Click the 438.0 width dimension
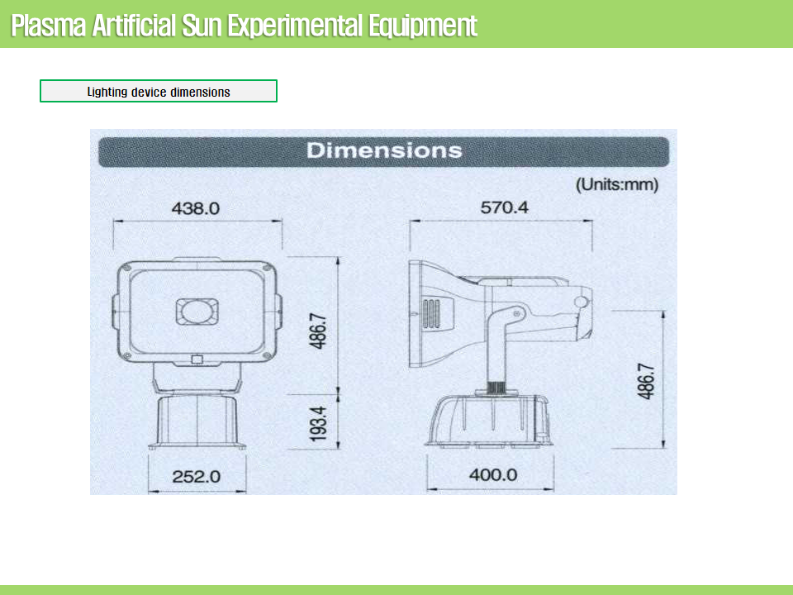pyautogui.click(x=196, y=208)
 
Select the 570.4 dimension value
pyautogui.click(x=504, y=207)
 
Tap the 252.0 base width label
pyautogui.click(x=197, y=477)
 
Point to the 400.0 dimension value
pyautogui.click(x=493, y=475)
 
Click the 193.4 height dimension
pyautogui.click(x=319, y=423)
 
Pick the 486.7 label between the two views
pyautogui.click(x=319, y=331)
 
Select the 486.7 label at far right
pyautogui.click(x=646, y=382)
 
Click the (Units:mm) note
pyautogui.click(x=617, y=184)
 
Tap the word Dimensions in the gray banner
pyautogui.click(x=384, y=150)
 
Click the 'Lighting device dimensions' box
pyautogui.click(x=159, y=91)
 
